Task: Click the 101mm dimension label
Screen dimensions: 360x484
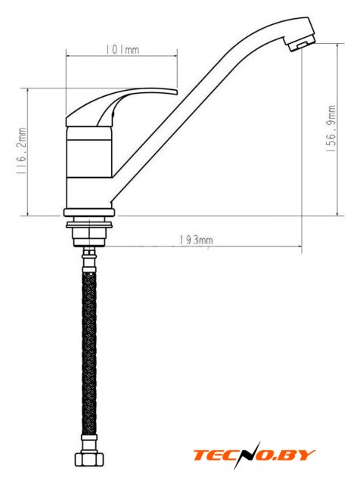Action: (x=123, y=49)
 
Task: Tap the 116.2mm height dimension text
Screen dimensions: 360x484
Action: (x=21, y=151)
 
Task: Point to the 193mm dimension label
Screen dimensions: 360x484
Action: (x=196, y=240)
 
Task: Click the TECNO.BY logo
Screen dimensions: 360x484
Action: (x=254, y=455)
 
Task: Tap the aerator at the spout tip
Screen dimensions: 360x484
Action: (x=300, y=43)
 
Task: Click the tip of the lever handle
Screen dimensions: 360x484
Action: (x=177, y=92)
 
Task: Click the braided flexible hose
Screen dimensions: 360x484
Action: (x=89, y=352)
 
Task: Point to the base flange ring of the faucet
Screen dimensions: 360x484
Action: (x=89, y=213)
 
